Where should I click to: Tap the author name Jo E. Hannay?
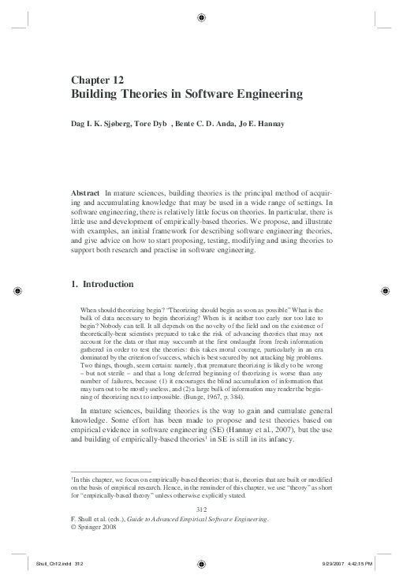pos(262,124)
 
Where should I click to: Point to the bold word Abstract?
pos(84,192)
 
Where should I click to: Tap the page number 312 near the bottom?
pos(201,510)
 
